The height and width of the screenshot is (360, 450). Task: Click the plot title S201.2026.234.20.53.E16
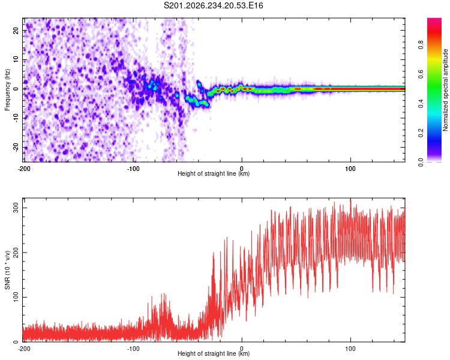[213, 5]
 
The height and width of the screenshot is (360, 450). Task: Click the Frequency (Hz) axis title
[7, 89]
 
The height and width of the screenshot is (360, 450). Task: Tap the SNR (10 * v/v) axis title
[7, 270]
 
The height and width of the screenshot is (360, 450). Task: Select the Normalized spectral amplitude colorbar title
[445, 90]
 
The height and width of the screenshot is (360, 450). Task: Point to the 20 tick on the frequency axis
[16, 30]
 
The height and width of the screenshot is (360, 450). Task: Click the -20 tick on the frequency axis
[16, 148]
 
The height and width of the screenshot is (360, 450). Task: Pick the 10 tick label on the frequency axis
[16, 59]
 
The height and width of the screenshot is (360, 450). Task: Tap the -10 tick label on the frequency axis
[16, 118]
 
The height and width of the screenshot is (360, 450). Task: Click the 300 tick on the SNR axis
[16, 208]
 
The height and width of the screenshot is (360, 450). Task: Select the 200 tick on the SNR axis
[16, 253]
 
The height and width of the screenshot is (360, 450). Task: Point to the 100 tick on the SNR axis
[16, 297]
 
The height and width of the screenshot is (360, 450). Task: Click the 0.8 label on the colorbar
[421, 44]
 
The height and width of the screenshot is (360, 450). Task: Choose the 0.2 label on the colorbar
[421, 133]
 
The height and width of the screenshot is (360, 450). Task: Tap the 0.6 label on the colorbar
[421, 74]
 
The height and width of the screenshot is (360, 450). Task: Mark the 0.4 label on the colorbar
[421, 103]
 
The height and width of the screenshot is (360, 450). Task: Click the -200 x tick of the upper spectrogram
[24, 169]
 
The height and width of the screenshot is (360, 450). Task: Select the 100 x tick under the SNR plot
[350, 349]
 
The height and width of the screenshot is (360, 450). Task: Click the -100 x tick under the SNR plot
[133, 349]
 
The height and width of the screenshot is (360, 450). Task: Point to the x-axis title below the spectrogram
[214, 173]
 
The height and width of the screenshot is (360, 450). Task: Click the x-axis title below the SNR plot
[214, 353]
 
